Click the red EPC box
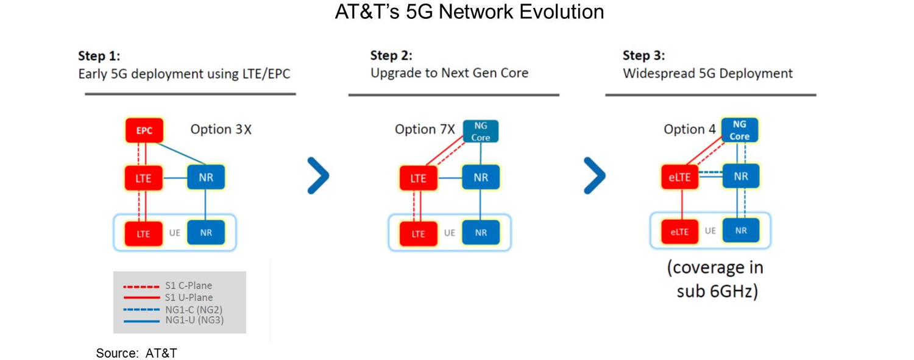click(144, 130)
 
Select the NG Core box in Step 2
click(480, 132)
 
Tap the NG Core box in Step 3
click(740, 130)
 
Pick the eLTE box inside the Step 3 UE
click(679, 231)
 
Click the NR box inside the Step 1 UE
click(206, 232)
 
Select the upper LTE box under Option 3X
click(143, 178)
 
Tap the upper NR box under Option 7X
click(481, 178)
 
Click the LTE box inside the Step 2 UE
click(419, 233)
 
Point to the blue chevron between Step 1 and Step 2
click(318, 176)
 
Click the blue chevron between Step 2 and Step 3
click(595, 176)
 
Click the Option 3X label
click(221, 129)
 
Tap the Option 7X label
click(425, 129)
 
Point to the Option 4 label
click(688, 129)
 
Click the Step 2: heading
click(391, 56)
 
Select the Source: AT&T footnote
click(136, 353)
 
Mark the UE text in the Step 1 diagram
click(175, 233)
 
